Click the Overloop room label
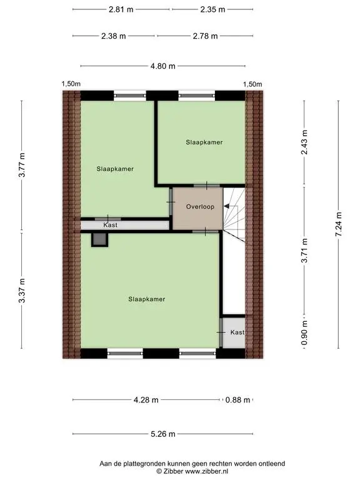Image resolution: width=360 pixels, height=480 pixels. [200, 207]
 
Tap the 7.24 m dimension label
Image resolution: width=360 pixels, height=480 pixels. [338, 224]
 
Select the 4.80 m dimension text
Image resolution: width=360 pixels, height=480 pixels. [163, 66]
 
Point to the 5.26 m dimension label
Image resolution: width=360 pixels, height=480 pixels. [163, 434]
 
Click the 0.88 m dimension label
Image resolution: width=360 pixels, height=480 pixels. [237, 400]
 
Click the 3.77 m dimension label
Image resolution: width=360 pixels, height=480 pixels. [22, 165]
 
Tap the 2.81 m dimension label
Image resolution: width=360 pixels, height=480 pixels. [121, 9]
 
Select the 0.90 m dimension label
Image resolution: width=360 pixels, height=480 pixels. [304, 332]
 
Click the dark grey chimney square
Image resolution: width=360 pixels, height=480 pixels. [100, 239]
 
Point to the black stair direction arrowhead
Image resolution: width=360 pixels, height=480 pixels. [226, 206]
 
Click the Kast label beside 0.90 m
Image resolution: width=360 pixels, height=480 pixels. [237, 332]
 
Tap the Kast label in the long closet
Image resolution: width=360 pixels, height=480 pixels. [110, 225]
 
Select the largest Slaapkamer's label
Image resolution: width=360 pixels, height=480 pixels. [147, 299]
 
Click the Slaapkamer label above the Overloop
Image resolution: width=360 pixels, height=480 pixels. [204, 142]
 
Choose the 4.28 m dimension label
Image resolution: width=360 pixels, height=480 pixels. [146, 400]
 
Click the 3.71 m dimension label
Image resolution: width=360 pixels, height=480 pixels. [304, 251]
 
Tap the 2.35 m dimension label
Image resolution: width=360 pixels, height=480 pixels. [212, 9]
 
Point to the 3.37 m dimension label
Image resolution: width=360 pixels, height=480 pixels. [22, 291]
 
